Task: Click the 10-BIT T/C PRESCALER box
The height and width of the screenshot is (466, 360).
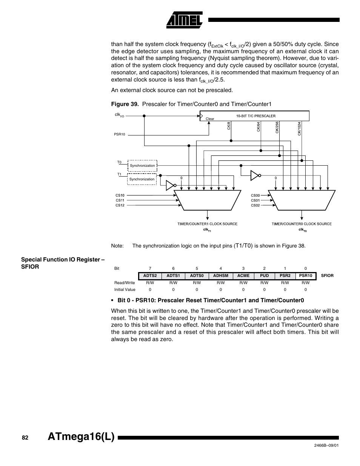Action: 254,116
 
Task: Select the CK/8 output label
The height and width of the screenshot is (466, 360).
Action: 229,126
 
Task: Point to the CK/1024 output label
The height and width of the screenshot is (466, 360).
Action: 299,128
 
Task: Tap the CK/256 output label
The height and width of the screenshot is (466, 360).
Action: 277,127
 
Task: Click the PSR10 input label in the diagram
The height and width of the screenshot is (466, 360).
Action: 119,134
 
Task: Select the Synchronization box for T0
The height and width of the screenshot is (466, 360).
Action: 142,166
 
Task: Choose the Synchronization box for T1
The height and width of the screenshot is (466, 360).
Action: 142,179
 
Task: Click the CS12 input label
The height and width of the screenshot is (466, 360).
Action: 120,205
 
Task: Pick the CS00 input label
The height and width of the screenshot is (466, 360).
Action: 255,195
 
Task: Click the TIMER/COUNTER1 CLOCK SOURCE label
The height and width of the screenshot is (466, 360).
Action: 207,224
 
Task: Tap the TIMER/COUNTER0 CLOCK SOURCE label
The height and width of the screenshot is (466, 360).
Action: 302,224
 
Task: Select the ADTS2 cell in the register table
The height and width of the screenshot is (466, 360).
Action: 150,275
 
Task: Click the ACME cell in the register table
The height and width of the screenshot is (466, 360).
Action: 243,275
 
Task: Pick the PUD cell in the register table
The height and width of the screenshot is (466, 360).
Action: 264,275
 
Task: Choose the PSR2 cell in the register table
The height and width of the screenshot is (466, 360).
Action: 285,275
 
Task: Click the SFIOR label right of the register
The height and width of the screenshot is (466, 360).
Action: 327,275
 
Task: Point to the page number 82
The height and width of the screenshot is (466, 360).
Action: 25,438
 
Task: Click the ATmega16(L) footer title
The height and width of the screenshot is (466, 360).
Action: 80,438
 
